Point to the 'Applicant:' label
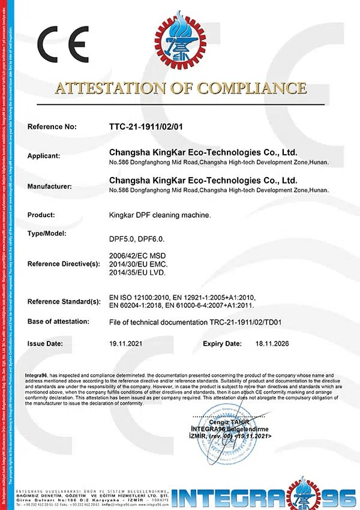pyautogui.click(x=44, y=156)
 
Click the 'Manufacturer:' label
pyautogui.click(x=49, y=186)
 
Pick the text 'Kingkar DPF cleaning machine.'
pyautogui.click(x=160, y=215)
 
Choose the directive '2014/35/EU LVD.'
pyautogui.click(x=136, y=273)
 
